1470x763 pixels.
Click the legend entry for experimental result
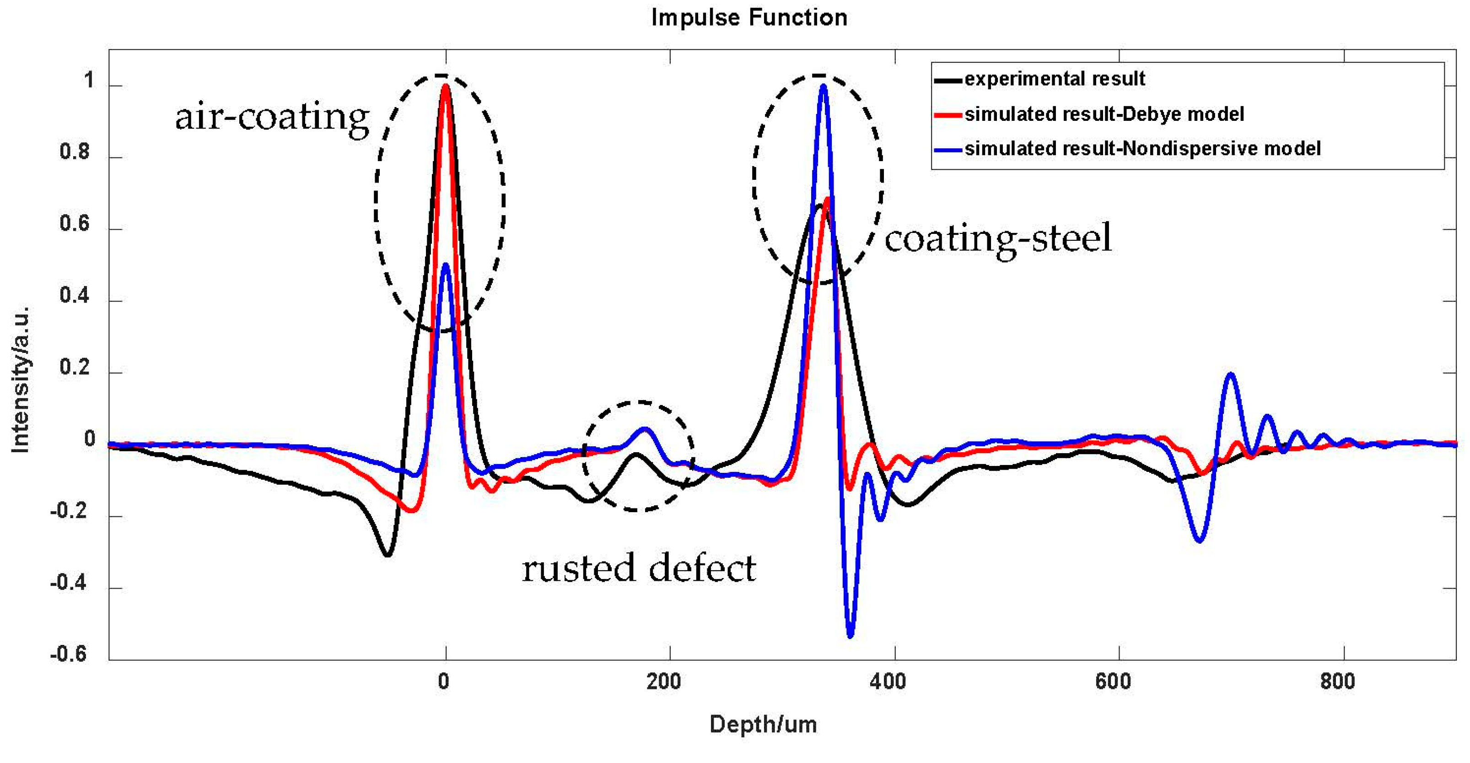1054,79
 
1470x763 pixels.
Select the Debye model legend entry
1104,114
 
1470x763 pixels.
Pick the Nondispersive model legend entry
1142,148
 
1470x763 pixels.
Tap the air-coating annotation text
272,117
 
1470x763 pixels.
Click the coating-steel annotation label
997,238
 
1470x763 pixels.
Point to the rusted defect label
639,568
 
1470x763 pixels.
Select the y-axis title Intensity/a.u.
21,380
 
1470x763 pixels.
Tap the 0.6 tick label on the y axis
75,224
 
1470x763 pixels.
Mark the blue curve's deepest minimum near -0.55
850,636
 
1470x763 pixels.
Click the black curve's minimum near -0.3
387,555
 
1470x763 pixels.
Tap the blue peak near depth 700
1231,374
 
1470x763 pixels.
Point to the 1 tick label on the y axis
88,81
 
